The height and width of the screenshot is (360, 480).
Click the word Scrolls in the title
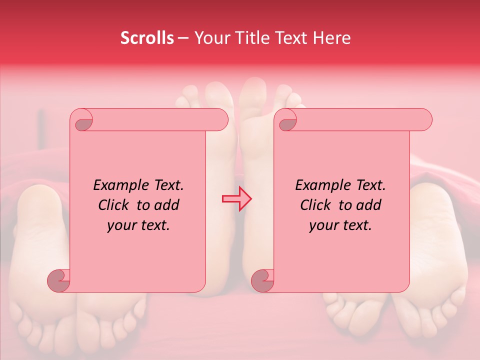(x=147, y=38)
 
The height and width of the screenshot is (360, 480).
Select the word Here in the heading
(x=331, y=38)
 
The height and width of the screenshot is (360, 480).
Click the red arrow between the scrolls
(x=237, y=198)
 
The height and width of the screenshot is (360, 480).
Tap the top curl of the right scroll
(x=287, y=121)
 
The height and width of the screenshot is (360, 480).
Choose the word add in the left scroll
(x=168, y=205)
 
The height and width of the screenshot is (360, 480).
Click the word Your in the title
(x=210, y=38)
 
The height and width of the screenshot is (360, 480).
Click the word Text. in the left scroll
(x=165, y=185)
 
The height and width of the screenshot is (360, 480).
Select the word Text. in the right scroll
(x=367, y=185)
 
